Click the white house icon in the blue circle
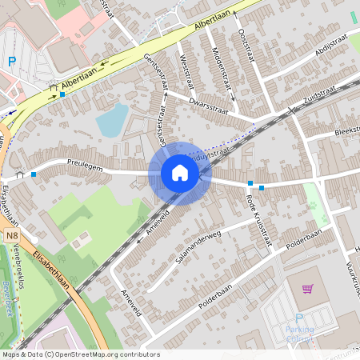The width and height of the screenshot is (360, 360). (x=180, y=173)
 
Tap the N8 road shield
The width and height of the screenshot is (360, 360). (x=10, y=237)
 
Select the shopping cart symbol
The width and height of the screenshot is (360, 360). (x=306, y=289)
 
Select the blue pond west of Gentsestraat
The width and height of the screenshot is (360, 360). (x=111, y=121)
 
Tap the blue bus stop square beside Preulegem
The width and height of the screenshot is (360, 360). (x=34, y=174)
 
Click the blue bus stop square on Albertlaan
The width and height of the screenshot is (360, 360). (x=62, y=94)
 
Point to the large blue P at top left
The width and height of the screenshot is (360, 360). (x=12, y=61)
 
